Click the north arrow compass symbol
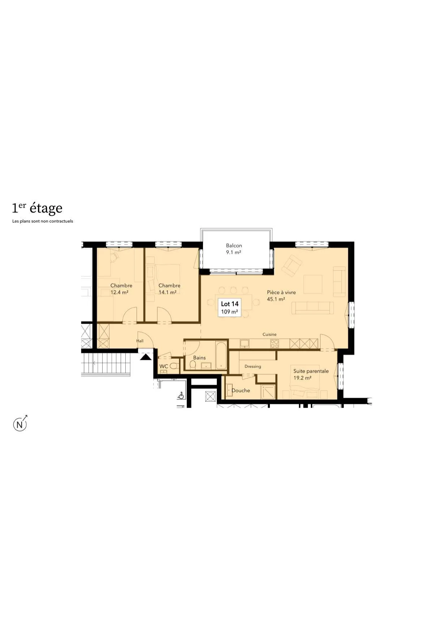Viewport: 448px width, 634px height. [x=20, y=424]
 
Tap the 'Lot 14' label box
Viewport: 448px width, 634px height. [x=229, y=307]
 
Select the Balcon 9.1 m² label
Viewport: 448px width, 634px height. [x=234, y=249]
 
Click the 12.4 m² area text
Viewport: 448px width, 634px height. [x=119, y=292]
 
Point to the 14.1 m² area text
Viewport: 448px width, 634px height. [x=167, y=292]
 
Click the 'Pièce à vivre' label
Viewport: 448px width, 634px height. [x=281, y=292]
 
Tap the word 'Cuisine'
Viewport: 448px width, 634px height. [x=270, y=334]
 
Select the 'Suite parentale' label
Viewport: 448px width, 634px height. [x=311, y=371]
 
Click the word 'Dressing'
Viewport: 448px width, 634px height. [x=253, y=366]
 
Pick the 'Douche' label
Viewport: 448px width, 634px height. [x=241, y=390]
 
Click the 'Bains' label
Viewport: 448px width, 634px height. [x=199, y=358]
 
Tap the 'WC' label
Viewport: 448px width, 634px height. [x=164, y=366]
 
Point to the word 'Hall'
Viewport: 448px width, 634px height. [x=140, y=341]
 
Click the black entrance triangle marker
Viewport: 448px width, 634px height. [x=146, y=357]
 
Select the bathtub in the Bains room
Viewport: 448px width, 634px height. [x=221, y=355]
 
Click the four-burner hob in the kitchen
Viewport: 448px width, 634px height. [x=275, y=344]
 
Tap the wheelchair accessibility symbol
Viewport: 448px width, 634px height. [x=181, y=396]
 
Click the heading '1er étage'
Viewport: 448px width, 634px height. [x=37, y=208]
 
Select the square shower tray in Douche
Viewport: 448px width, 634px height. [x=268, y=392]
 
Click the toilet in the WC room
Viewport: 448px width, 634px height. [x=174, y=366]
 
